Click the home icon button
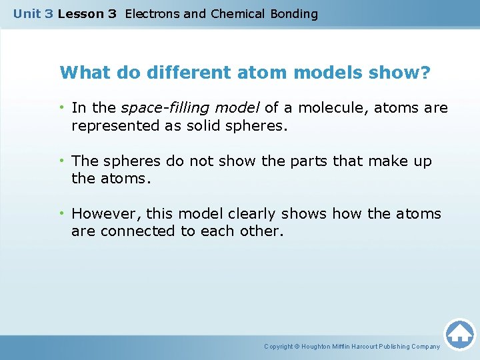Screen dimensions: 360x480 (459, 334)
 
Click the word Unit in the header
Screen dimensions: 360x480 (27, 13)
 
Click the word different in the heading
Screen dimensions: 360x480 (168, 72)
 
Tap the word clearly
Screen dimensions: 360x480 (251, 214)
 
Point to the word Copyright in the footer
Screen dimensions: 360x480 (279, 347)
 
